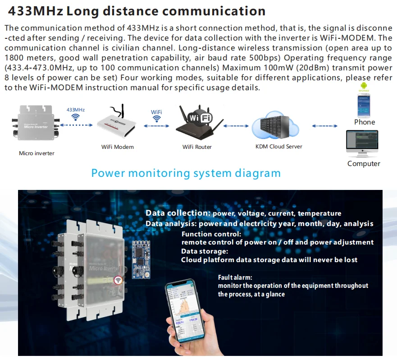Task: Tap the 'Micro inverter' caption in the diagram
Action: click(37, 153)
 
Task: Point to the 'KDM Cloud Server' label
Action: click(279, 147)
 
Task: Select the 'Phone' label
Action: click(365, 122)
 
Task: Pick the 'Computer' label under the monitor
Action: click(364, 164)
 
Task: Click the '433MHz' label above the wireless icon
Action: click(76, 110)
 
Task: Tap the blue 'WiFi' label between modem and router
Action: click(156, 111)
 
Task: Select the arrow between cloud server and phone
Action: click(325, 126)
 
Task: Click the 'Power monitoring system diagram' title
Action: click(186, 173)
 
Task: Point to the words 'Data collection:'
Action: click(178, 213)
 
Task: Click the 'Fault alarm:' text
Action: click(235, 277)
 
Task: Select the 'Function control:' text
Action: click(211, 234)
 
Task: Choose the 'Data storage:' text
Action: click(205, 251)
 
